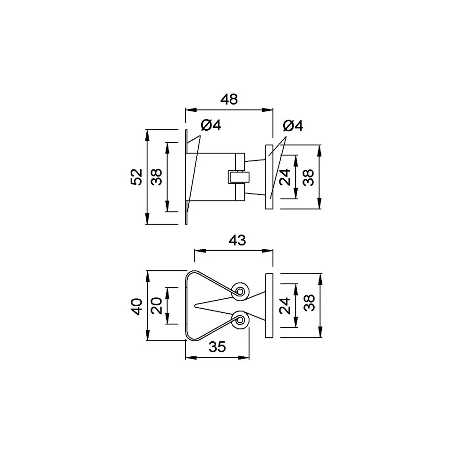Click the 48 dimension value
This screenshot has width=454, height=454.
click(229, 100)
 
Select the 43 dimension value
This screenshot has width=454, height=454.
click(237, 240)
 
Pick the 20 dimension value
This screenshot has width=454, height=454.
click(157, 306)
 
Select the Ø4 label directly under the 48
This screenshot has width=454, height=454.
click(210, 125)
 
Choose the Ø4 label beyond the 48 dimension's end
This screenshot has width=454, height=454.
click(293, 126)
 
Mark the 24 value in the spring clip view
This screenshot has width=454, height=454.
click(285, 306)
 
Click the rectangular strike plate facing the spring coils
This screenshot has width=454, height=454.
click(269, 305)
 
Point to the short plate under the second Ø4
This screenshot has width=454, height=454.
click(269, 177)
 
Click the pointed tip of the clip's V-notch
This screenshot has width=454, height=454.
click(195, 305)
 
